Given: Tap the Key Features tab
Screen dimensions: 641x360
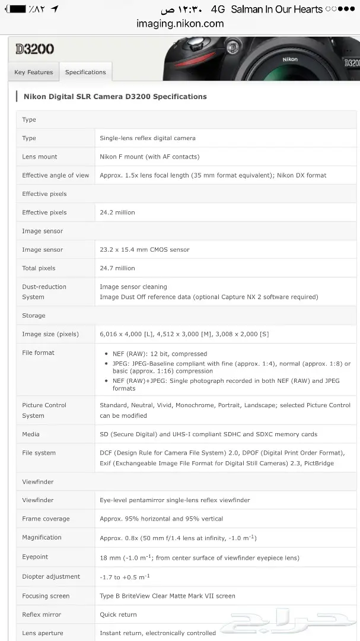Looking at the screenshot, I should (34, 72).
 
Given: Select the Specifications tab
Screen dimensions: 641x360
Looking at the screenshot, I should (85, 72).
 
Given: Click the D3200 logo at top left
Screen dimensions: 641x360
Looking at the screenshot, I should (35, 49).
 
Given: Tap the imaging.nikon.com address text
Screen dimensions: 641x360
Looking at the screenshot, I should (180, 24).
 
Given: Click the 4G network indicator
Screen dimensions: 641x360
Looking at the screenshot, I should (218, 9).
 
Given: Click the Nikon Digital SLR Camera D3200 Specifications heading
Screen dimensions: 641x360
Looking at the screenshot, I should (115, 96).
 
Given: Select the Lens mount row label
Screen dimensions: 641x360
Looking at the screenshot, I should (40, 157).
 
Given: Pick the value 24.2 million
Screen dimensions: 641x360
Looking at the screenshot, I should (117, 212).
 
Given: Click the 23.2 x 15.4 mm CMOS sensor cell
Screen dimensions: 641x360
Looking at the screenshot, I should (145, 250).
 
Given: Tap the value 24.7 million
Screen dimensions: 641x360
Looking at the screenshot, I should (117, 268).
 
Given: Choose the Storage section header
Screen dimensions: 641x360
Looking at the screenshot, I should (34, 316).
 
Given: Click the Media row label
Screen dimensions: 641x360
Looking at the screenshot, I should (31, 434).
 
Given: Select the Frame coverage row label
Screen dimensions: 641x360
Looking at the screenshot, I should (46, 519).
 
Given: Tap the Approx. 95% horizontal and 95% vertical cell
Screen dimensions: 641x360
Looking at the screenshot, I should (161, 519).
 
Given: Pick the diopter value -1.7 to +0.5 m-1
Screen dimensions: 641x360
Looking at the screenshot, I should (125, 577).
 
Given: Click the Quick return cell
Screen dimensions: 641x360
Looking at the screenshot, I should (118, 615).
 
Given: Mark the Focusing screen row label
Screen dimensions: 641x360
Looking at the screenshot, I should (46, 596).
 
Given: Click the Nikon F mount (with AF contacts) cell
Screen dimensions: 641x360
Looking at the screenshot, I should (149, 157).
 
